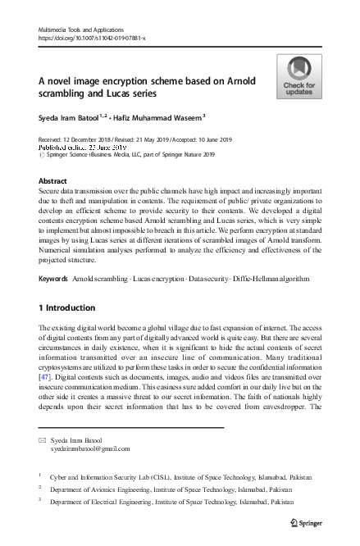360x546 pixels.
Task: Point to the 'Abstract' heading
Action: pos(53,180)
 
